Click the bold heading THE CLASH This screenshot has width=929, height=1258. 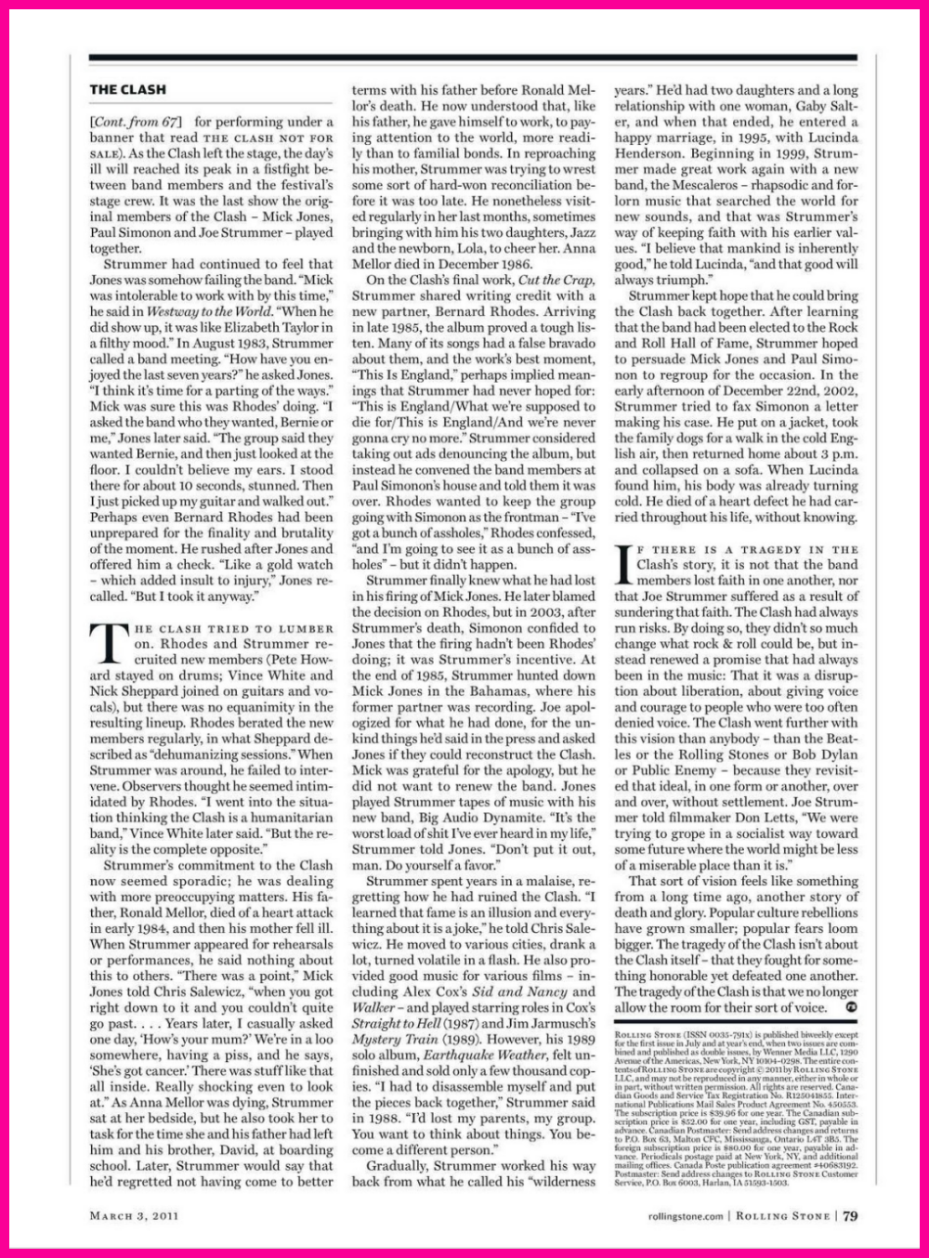click(128, 90)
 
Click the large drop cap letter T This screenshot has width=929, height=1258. click(109, 641)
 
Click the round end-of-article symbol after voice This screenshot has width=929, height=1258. click(851, 1006)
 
